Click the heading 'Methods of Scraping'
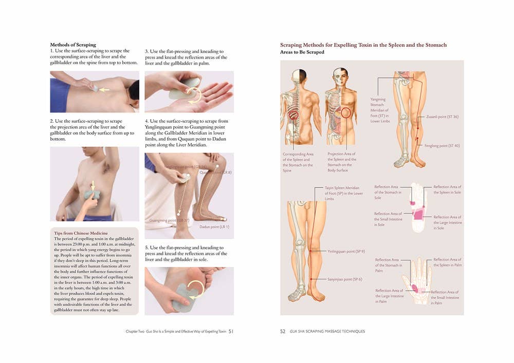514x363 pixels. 72,45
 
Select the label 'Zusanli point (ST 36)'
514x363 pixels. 442,117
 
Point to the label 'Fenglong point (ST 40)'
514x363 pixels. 442,146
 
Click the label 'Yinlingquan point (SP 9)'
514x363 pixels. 346,251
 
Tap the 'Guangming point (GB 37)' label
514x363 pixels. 169,220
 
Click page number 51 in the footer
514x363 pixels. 231,331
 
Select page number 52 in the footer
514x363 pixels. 283,331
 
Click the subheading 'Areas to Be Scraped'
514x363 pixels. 302,52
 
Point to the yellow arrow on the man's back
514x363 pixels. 104,89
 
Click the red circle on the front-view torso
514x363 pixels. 346,112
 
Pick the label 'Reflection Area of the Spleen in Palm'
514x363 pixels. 447,262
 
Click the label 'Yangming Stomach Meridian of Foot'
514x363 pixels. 379,110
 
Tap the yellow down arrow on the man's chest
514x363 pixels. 93,185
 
